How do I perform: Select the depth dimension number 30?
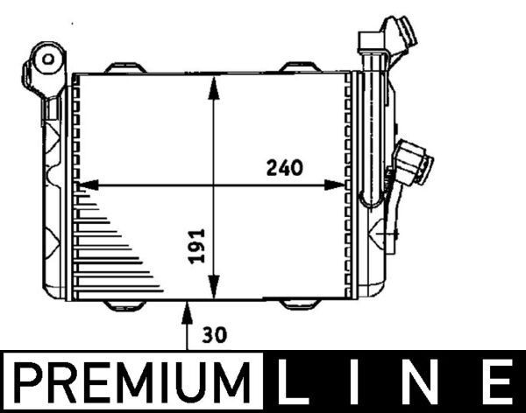point(214,332)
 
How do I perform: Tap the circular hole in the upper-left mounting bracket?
point(48,59)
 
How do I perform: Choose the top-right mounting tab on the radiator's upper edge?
point(301,67)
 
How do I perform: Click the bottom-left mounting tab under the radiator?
point(125,304)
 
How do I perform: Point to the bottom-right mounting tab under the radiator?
point(301,304)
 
